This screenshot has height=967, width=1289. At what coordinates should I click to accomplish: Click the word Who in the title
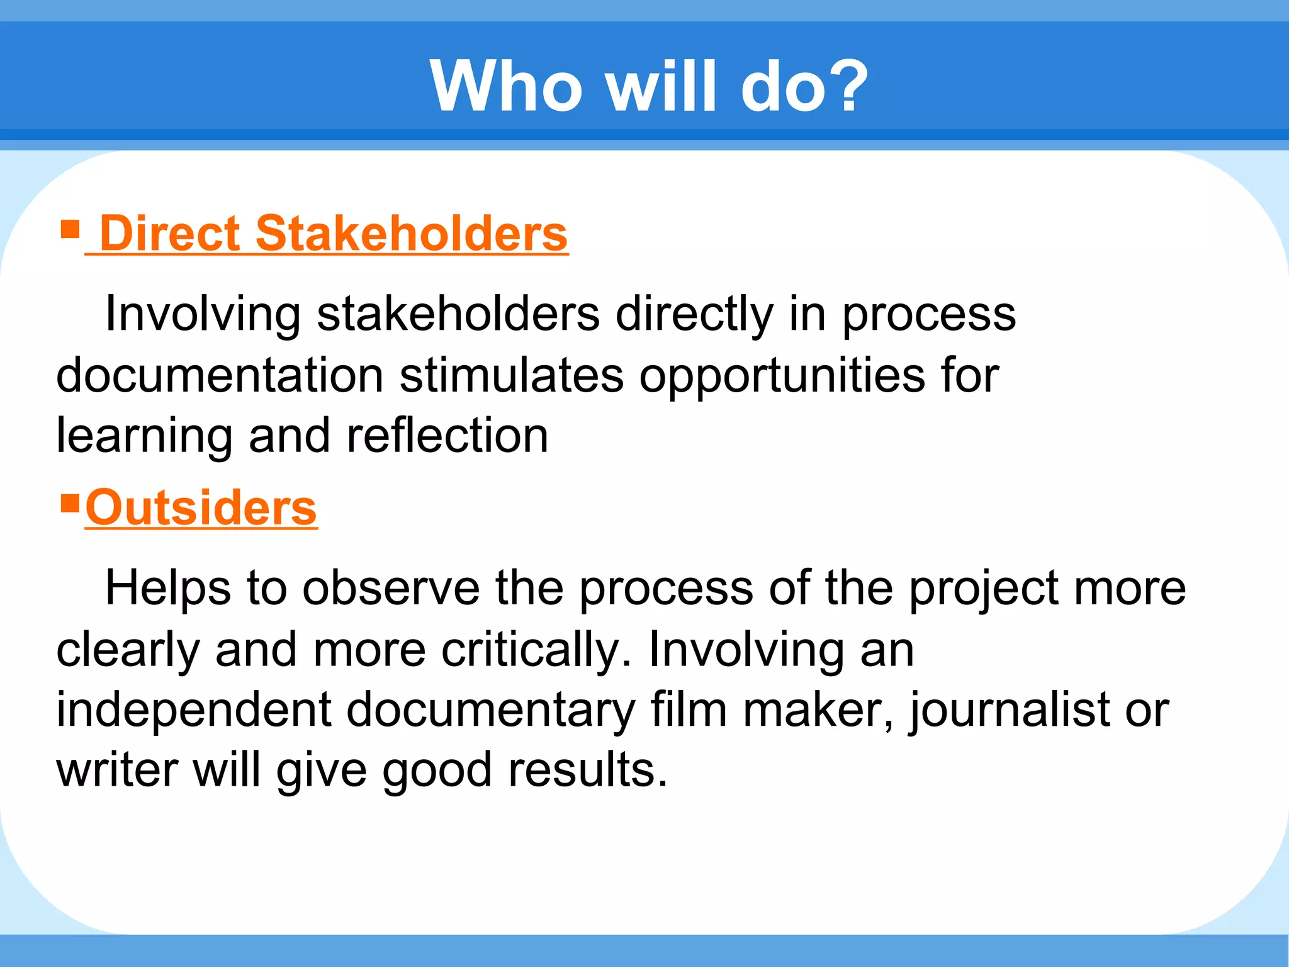506,86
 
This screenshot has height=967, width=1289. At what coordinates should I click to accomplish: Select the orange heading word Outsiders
201,508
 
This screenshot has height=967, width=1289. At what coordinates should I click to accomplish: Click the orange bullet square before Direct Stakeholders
69,229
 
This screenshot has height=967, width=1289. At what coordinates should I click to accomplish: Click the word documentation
220,375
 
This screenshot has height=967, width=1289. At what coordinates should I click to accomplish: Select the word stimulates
511,375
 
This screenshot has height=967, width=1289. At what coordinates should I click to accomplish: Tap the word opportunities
782,375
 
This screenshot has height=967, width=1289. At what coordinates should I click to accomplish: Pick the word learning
144,436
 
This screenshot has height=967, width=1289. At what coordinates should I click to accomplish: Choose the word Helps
167,588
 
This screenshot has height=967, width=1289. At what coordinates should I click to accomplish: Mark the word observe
391,588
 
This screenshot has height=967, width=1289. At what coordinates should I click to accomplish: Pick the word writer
116,769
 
